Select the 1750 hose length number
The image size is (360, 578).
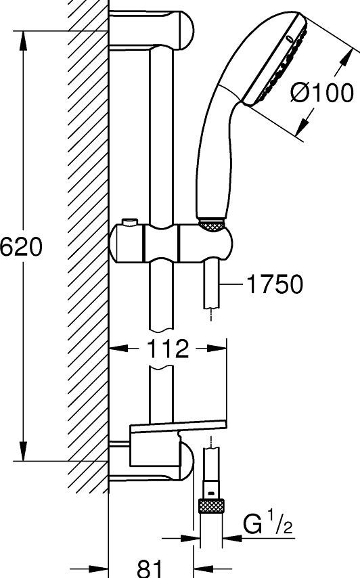pos(275,285)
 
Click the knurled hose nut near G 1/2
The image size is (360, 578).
pos(211,506)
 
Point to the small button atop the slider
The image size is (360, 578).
pos(129,223)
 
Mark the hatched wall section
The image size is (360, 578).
pos(89,244)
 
